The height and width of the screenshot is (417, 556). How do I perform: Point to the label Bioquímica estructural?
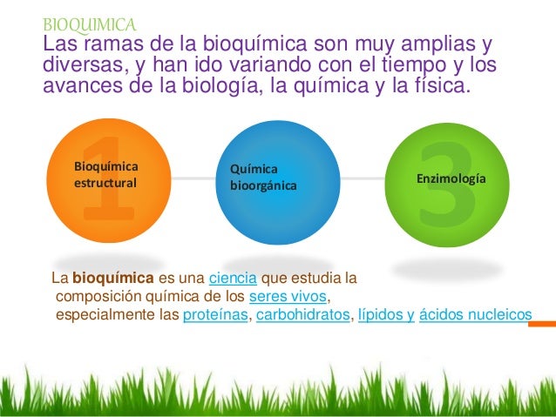tap(106, 174)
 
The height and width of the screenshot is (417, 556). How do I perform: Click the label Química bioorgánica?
tap(262, 177)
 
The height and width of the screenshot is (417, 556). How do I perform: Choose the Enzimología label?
tap(451, 178)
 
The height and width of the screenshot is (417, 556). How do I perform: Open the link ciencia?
tap(233, 279)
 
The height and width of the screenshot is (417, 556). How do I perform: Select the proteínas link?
tap(215, 314)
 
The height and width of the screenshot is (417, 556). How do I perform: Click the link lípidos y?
tap(385, 314)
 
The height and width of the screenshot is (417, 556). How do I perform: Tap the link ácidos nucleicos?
tap(475, 314)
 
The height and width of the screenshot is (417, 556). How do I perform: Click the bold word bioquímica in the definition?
tap(113, 279)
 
